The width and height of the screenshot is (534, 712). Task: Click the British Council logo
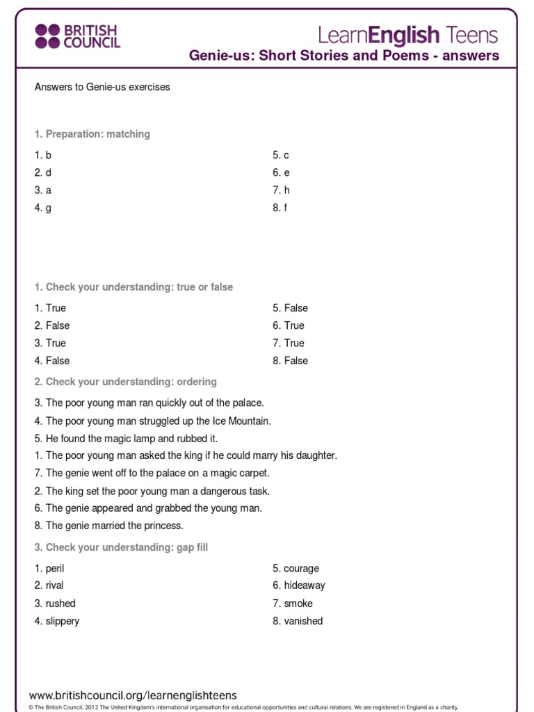pyautogui.click(x=77, y=36)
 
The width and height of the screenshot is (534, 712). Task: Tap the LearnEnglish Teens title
pyautogui.click(x=408, y=35)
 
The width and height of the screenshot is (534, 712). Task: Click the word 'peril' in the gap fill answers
pyautogui.click(x=54, y=568)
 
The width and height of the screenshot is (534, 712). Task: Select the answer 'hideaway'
pyautogui.click(x=304, y=585)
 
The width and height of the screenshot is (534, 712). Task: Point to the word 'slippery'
pyautogui.click(x=62, y=621)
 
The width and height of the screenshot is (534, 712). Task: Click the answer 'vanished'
pyautogui.click(x=303, y=621)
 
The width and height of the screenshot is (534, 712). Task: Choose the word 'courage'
pyautogui.click(x=301, y=568)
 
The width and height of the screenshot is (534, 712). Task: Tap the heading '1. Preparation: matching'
pyautogui.click(x=92, y=133)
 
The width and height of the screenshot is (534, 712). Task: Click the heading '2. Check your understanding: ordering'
pyautogui.click(x=125, y=381)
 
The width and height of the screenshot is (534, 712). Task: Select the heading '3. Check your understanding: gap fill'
pyautogui.click(x=121, y=547)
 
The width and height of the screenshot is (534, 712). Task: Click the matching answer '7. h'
pyautogui.click(x=281, y=190)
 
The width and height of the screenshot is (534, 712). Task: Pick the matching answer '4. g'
pyautogui.click(x=43, y=207)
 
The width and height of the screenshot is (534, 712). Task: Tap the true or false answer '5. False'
pyautogui.click(x=290, y=308)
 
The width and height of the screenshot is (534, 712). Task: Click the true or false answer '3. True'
pyautogui.click(x=50, y=343)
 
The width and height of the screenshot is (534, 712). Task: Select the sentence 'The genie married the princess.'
pyautogui.click(x=114, y=526)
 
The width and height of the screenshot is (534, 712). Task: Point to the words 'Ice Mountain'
pyautogui.click(x=241, y=421)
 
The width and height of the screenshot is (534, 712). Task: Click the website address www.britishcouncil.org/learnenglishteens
pyautogui.click(x=132, y=695)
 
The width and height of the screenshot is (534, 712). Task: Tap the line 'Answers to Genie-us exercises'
pyautogui.click(x=102, y=87)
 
